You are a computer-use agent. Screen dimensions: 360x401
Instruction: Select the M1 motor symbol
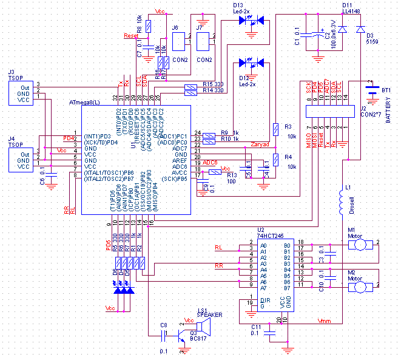(x=361, y=243)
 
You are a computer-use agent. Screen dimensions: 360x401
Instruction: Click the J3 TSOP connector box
(x=24, y=92)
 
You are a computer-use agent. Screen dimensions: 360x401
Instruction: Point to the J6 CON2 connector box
(x=180, y=42)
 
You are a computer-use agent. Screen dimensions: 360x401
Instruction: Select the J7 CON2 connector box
(x=204, y=42)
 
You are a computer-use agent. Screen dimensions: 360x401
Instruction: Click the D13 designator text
(x=238, y=5)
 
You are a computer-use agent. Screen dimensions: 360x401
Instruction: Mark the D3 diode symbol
(x=360, y=29)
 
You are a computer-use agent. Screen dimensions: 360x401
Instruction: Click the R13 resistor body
(x=214, y=172)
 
